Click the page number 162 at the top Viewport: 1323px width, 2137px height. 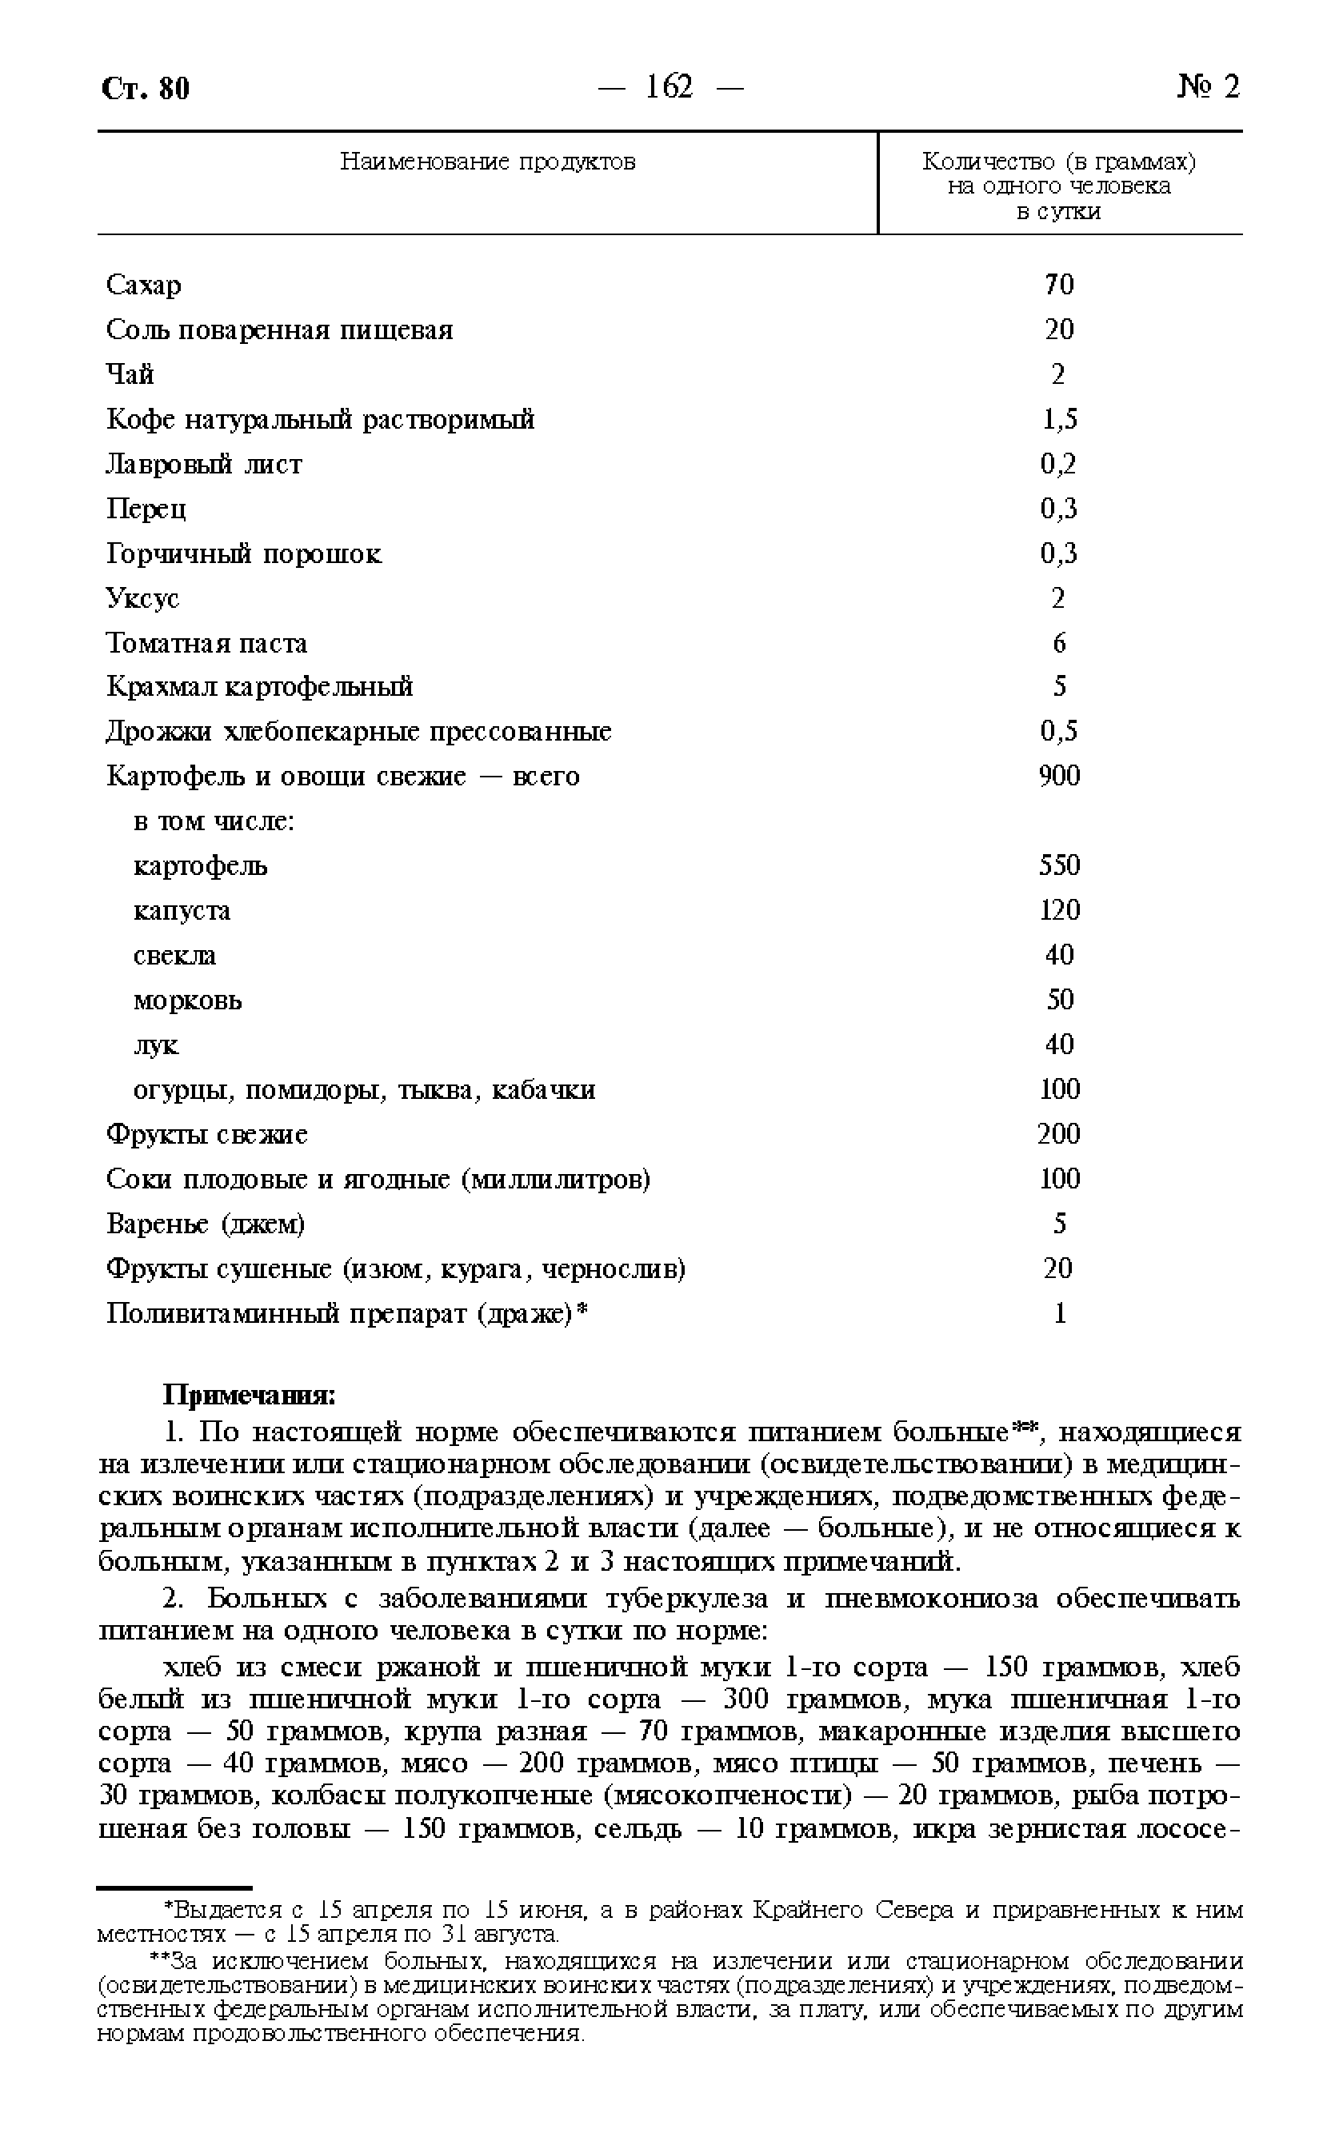click(669, 86)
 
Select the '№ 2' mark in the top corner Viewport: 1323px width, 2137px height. click(1209, 86)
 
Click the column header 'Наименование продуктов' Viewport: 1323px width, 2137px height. click(487, 162)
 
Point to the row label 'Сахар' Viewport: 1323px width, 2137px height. click(143, 286)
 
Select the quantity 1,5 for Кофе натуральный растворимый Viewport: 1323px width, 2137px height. click(1059, 419)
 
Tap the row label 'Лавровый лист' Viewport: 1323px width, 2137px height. click(204, 464)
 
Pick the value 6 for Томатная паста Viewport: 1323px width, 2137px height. click(1059, 643)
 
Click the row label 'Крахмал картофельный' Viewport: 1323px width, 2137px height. click(259, 687)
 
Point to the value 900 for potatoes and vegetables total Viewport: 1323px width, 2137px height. click(1059, 776)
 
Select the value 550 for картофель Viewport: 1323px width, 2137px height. click(1059, 865)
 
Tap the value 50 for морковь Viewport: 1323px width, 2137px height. click(1059, 1000)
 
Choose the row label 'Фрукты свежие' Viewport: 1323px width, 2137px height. click(206, 1135)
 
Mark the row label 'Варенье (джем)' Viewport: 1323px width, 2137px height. click(206, 1224)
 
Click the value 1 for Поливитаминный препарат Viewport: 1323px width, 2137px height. click(1060, 1313)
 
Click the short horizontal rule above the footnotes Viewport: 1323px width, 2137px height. click(174, 1887)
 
